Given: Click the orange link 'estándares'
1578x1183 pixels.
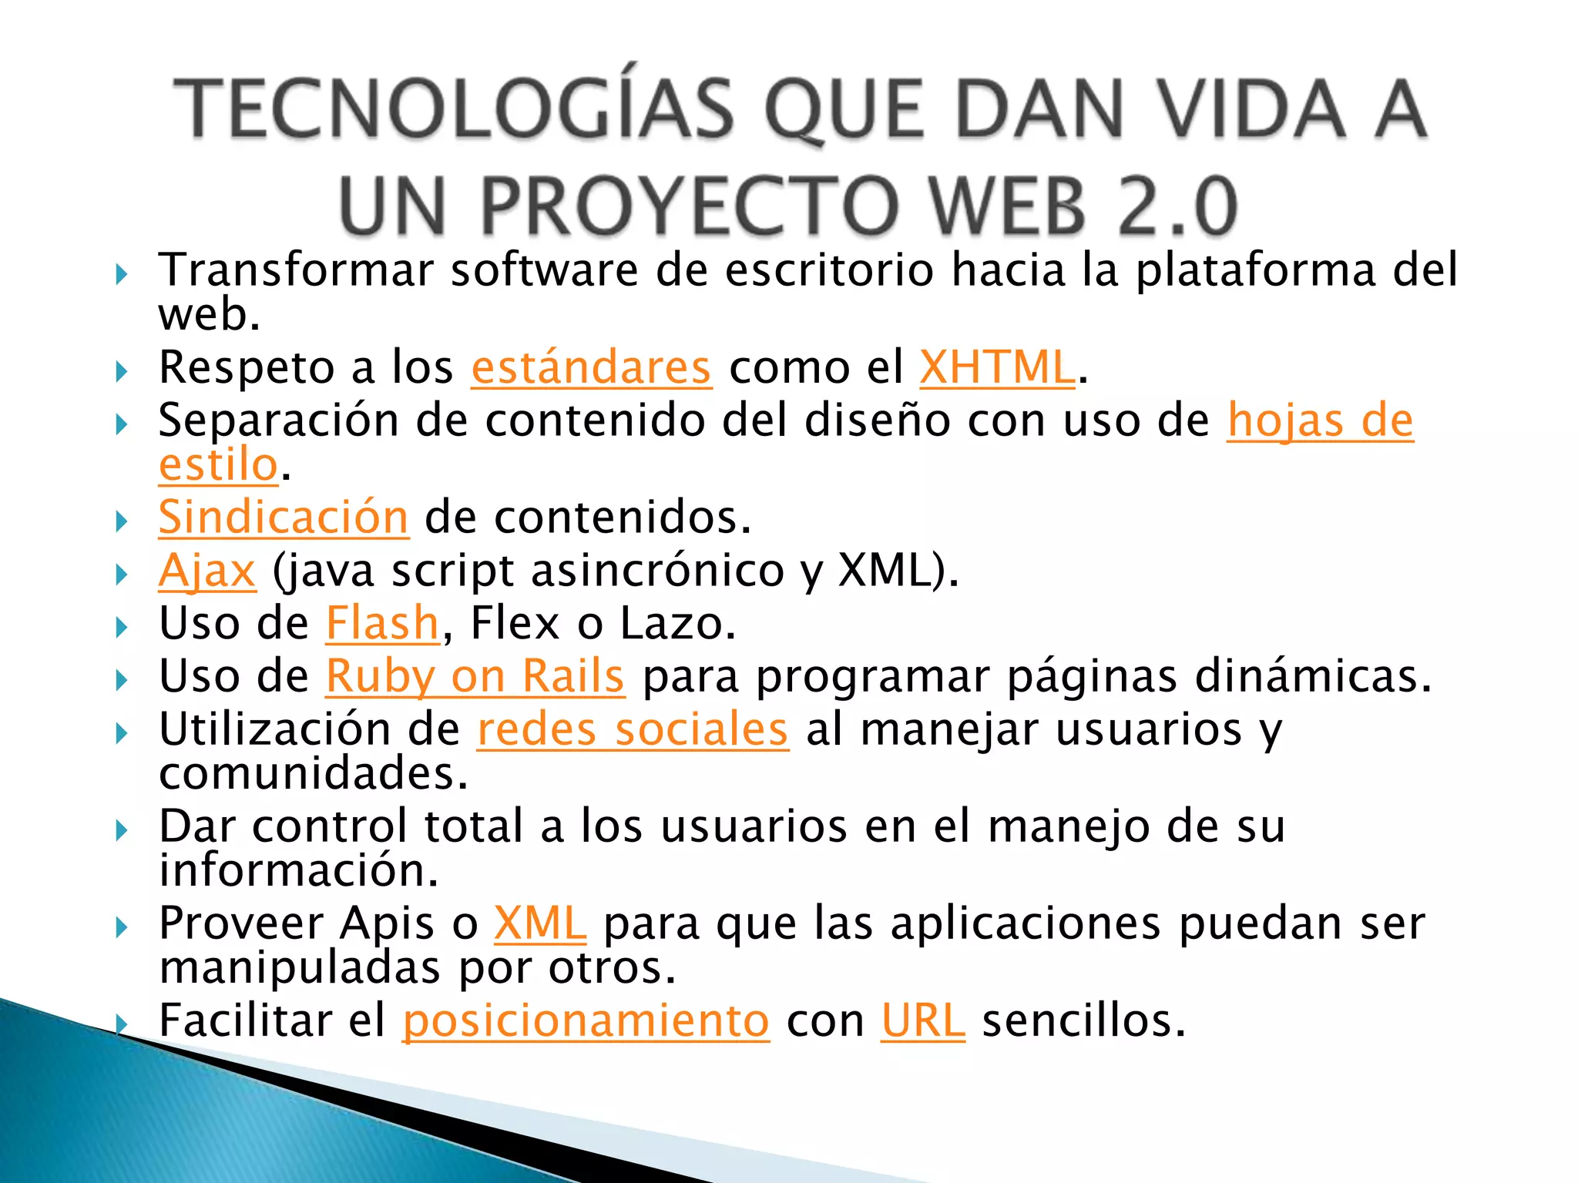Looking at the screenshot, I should (591, 367).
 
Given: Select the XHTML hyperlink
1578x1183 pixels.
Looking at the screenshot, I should (997, 367).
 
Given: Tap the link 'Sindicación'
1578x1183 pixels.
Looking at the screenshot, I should (283, 517).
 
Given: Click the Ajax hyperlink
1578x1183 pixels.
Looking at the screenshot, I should (206, 571).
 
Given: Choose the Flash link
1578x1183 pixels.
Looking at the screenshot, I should (382, 623).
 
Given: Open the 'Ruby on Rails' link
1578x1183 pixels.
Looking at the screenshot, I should (475, 676).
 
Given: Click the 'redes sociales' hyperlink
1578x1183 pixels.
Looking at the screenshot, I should (633, 729).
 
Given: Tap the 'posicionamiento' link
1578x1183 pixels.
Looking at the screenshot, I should (586, 1020).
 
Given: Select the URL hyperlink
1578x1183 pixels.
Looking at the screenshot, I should (922, 1020).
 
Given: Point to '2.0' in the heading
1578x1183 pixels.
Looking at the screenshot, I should (1177, 206).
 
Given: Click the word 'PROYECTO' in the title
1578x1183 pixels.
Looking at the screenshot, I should (689, 206).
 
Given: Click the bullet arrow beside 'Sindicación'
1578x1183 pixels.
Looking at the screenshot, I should (121, 521).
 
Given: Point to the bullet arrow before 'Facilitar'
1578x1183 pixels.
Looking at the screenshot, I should (121, 1024).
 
